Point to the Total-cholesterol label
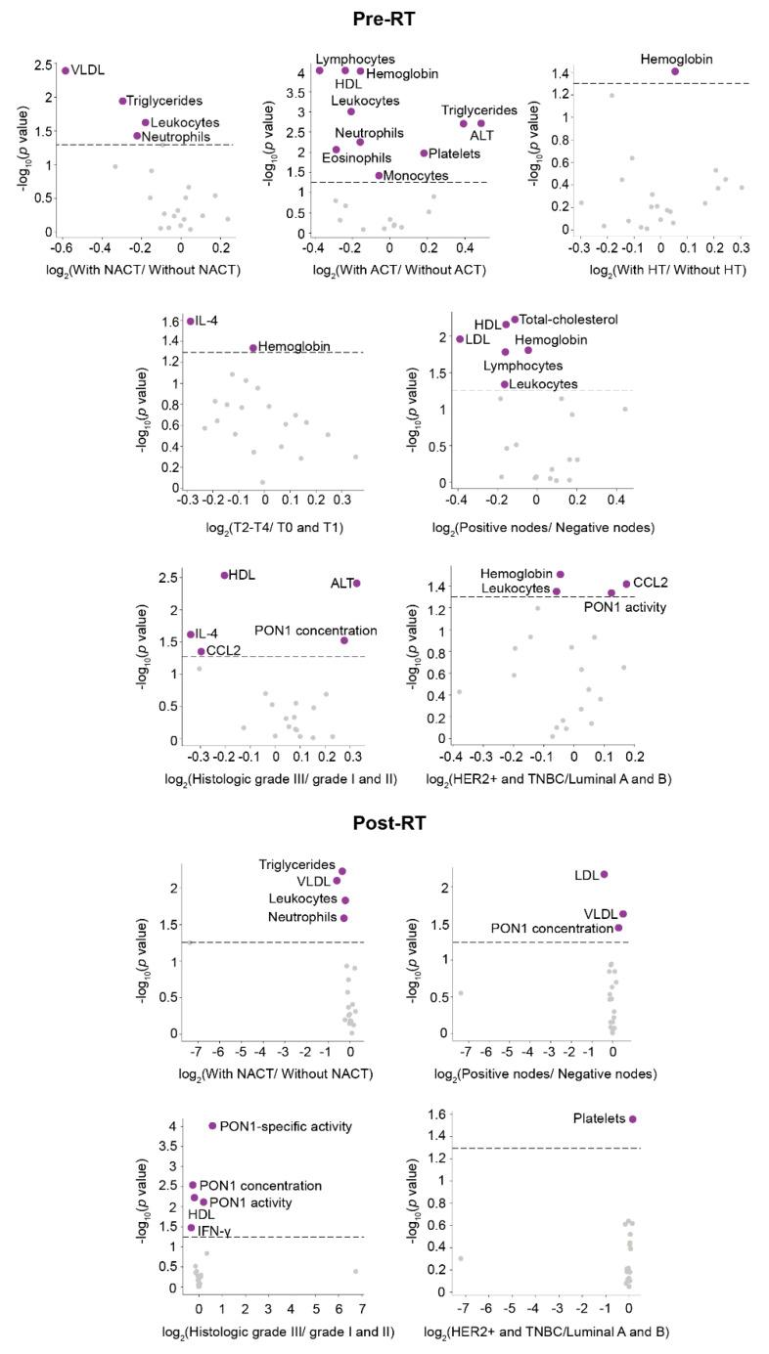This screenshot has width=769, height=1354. click(x=568, y=320)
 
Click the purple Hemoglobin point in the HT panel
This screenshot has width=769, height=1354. click(x=675, y=71)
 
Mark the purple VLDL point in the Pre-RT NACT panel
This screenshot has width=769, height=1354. click(x=66, y=70)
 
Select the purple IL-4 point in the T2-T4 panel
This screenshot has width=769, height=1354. click(x=191, y=321)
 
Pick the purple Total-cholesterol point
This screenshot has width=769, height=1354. click(x=515, y=320)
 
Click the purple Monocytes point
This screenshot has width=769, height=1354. click(x=379, y=176)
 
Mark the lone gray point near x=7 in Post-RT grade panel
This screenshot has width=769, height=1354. click(x=356, y=1271)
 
